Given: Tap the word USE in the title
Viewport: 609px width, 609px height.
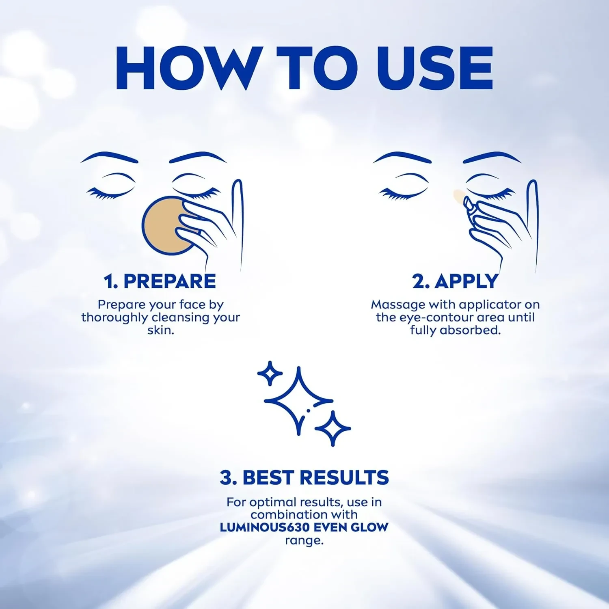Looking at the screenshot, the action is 434,68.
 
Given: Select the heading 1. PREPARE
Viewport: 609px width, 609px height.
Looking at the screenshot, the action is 160,281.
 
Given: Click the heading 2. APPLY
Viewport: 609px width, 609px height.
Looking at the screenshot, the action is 455,281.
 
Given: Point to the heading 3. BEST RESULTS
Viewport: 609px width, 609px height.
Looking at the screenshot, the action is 304,477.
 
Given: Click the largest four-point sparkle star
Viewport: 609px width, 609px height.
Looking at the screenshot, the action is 298,400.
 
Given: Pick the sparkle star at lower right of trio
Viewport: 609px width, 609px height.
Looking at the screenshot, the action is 333,428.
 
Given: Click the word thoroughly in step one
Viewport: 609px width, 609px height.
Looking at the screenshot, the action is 115,317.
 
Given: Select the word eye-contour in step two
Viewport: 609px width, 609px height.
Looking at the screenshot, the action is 436,317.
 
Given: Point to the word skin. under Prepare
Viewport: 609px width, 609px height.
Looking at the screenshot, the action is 161,330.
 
